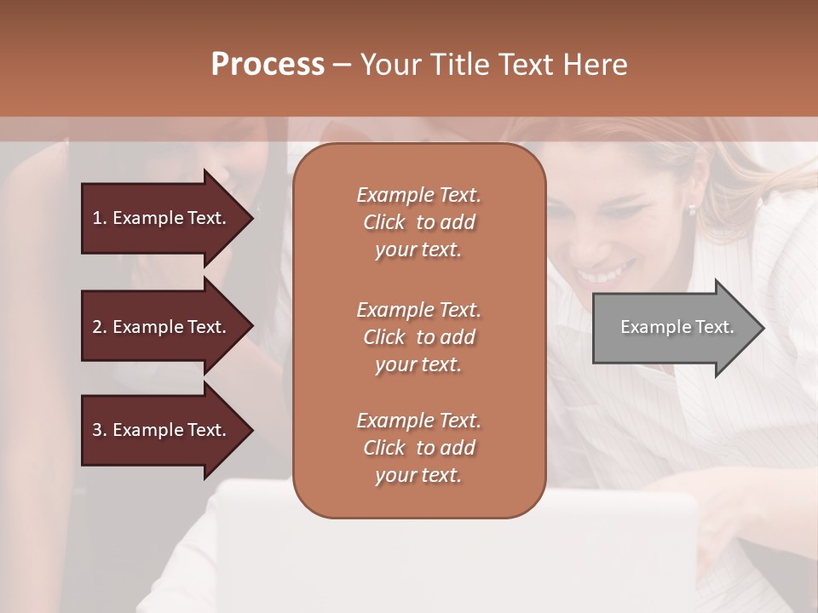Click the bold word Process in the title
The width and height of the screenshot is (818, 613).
[x=268, y=64]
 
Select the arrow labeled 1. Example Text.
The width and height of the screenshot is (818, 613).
[x=162, y=218]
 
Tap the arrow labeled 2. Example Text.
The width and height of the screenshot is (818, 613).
[x=162, y=327]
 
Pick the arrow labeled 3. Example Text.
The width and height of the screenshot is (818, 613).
[x=162, y=430]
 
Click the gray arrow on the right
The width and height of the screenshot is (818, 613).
[x=673, y=328]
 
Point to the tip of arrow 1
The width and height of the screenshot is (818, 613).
[x=251, y=218]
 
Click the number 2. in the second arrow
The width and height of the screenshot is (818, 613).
[x=100, y=327]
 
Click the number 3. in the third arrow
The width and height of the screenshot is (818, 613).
[x=100, y=430]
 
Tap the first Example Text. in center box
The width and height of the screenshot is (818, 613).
[x=418, y=195]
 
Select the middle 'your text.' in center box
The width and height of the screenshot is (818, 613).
[x=418, y=364]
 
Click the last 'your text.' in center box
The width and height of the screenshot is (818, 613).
[x=418, y=475]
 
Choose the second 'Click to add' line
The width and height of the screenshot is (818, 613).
[x=418, y=337]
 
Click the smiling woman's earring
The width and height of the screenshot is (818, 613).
[x=692, y=209]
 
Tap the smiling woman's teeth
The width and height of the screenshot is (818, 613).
[x=606, y=275]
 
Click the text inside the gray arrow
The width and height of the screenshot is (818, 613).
[x=677, y=327]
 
